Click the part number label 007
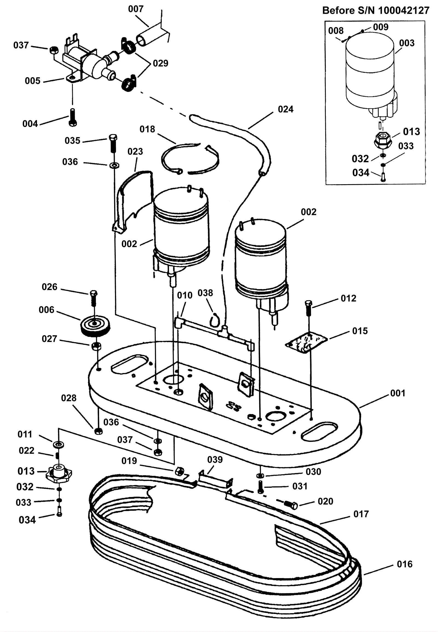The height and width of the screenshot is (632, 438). pos(136,9)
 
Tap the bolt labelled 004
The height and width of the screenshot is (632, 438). pos(73,117)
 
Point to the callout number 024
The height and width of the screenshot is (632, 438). pos(286,109)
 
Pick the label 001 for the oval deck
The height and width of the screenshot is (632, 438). pos(397,393)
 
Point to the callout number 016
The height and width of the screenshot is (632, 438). pos(405,564)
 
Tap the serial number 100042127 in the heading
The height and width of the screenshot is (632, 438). pos(404,10)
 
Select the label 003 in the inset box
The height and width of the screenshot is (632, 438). pos(407,43)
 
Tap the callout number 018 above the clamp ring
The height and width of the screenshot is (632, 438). pos(147,129)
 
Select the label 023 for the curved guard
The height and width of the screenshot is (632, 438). pos(135,151)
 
